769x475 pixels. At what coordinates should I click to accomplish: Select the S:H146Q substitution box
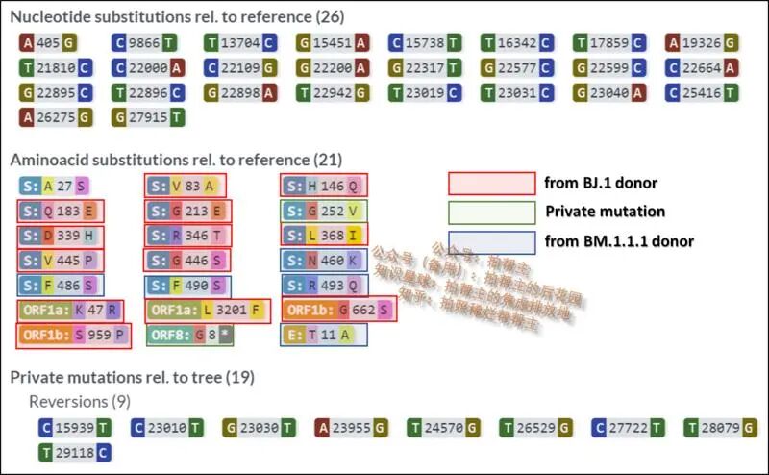325,186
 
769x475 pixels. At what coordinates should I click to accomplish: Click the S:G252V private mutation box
325,211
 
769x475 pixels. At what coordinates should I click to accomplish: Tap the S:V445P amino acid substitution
60,260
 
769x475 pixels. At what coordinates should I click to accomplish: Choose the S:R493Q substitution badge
325,285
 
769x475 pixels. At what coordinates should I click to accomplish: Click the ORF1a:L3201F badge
207,311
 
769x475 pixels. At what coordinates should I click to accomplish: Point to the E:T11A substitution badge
311,336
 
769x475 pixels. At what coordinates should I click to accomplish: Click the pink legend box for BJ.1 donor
491,184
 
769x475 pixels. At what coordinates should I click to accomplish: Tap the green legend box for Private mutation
491,212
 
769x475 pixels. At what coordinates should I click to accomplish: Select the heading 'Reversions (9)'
80,401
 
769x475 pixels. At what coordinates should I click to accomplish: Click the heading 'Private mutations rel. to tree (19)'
133,377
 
